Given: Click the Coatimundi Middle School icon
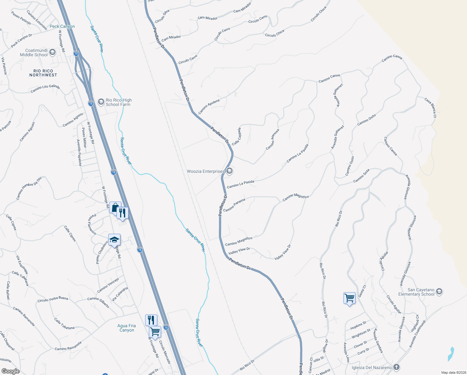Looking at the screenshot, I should (52, 52).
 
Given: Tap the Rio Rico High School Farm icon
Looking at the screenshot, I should (101, 102).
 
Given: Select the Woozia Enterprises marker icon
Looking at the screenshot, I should (229, 171).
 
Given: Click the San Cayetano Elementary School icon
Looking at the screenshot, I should (439, 292).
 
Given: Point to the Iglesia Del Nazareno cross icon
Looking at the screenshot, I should (396, 367).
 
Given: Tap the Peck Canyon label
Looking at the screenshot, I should (62, 26).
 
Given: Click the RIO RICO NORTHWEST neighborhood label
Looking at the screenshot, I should (43, 73).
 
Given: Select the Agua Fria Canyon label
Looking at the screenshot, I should (127, 328).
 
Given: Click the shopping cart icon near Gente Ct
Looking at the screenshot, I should (349, 298).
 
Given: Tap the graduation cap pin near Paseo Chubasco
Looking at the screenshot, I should (114, 240).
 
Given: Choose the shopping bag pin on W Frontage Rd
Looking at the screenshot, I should (115, 207).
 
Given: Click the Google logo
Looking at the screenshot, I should (10, 371).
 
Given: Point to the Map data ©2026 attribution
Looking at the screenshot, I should (452, 372).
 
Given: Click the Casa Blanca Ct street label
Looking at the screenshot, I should (430, 107).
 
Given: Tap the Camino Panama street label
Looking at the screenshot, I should (234, 205).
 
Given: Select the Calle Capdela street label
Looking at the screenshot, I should (236, 136).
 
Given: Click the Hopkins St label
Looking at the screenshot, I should (358, 325).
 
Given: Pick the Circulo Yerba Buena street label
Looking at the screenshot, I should (52, 299).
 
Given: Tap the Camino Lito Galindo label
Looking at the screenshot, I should (45, 88).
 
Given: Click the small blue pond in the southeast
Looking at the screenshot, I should (451, 354).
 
